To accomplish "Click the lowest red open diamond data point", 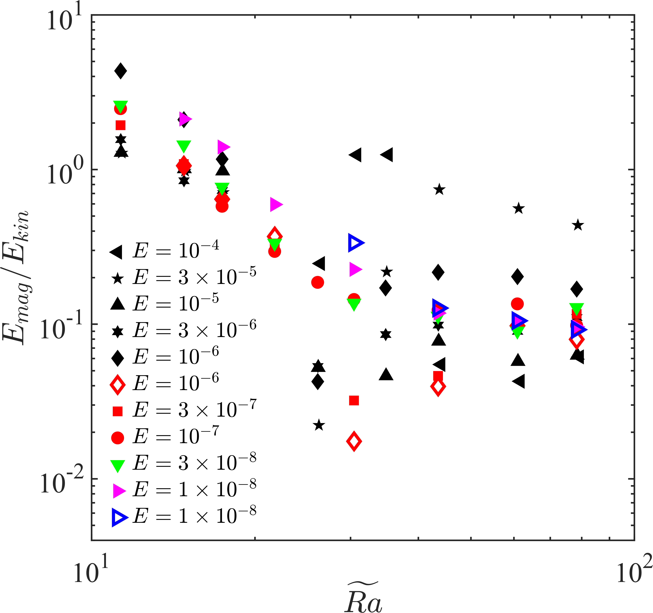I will click(x=354, y=441).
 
